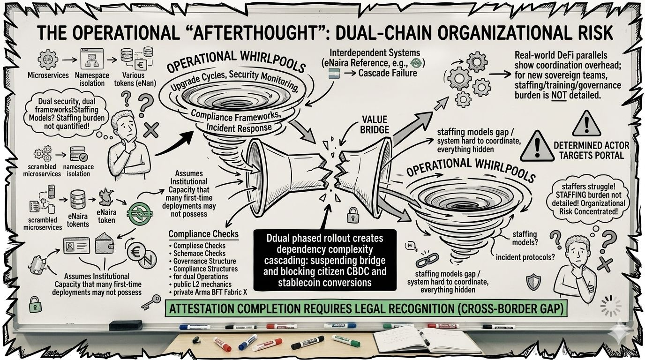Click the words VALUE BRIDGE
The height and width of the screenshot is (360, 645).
pyautogui.click(x=375, y=124)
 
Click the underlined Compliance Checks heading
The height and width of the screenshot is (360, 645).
pyautogui.click(x=203, y=234)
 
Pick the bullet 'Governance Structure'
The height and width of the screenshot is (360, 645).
pyautogui.click(x=204, y=261)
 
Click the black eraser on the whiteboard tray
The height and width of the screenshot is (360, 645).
pyautogui.click(x=125, y=325)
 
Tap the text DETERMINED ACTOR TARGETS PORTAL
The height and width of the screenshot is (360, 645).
pyautogui.click(x=591, y=150)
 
